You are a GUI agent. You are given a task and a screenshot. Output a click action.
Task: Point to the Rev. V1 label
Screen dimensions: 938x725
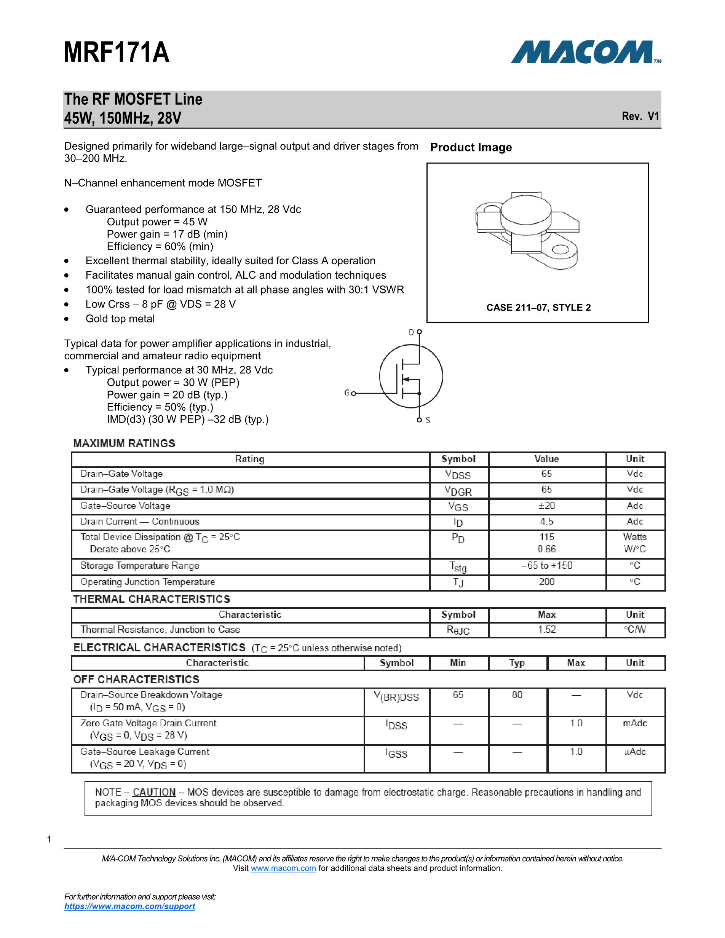[x=640, y=116]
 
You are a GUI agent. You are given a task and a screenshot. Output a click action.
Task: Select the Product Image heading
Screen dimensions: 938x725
[x=471, y=147]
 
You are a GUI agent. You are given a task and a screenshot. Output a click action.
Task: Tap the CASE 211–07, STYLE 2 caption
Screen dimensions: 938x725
[x=538, y=308]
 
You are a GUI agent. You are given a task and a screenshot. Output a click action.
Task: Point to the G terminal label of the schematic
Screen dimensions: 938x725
[x=347, y=392]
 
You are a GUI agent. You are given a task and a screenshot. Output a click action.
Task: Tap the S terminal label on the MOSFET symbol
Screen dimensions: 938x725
[x=428, y=421]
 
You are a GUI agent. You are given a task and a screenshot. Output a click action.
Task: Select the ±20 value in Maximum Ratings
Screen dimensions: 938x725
[x=546, y=506]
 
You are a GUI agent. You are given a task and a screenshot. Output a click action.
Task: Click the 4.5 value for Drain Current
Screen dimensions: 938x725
[x=546, y=522]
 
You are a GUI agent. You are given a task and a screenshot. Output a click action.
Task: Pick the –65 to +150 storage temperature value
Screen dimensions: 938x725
[x=546, y=566]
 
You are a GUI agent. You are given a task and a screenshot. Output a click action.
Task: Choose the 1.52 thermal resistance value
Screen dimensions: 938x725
[x=546, y=630]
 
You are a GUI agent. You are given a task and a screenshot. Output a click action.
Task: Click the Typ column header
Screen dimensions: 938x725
[x=517, y=663]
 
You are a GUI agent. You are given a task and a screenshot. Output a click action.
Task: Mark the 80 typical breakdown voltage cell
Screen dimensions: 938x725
[x=517, y=695]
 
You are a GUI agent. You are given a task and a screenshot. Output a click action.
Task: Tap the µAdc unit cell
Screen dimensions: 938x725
[x=634, y=751]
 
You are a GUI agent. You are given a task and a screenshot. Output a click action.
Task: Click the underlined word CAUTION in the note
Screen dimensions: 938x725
[x=154, y=792]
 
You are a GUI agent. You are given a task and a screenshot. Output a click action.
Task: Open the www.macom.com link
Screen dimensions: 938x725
[x=283, y=868]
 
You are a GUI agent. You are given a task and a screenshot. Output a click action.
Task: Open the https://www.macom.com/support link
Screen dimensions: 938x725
[x=129, y=906]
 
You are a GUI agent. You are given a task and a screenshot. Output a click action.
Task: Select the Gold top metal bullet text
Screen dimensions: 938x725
[x=120, y=319]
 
